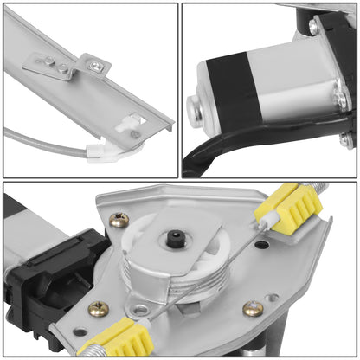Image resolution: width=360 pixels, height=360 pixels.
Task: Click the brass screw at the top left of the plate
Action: pyautogui.click(x=119, y=220)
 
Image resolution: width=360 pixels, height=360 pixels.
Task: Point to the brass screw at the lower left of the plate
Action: pyautogui.click(x=99, y=308)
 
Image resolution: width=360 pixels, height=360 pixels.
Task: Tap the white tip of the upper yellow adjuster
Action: pyautogui.click(x=267, y=222)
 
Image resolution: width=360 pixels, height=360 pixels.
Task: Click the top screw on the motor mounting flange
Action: pyautogui.click(x=313, y=28)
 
